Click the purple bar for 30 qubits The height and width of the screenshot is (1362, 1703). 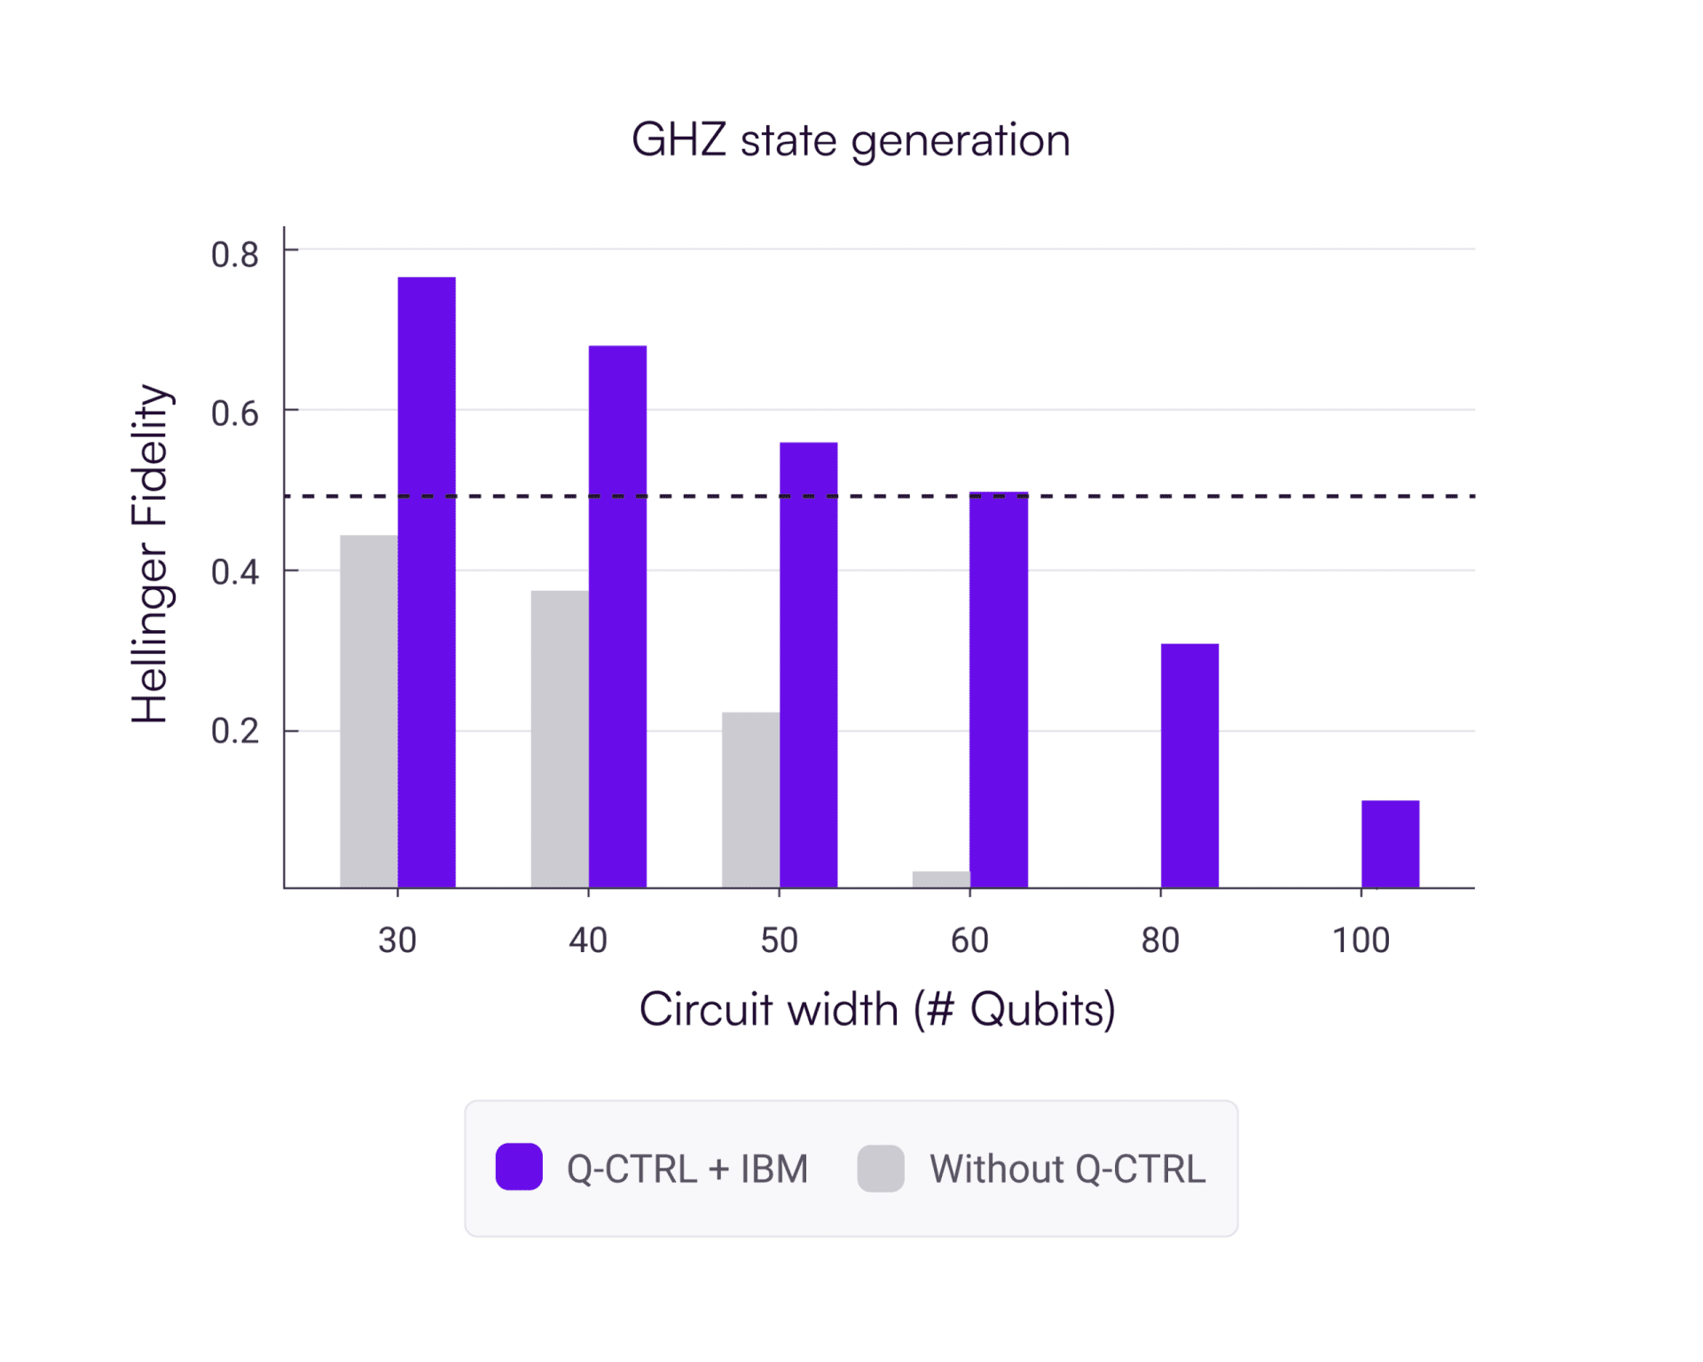[x=427, y=582]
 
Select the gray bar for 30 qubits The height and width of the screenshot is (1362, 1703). [x=369, y=711]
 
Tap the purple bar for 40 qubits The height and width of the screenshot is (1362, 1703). [x=617, y=617]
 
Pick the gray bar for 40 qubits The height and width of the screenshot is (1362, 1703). [x=560, y=738]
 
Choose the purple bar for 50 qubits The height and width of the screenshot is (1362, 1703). [x=808, y=665]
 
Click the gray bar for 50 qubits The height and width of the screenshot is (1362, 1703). [x=750, y=799]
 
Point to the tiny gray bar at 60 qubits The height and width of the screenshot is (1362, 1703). [x=941, y=879]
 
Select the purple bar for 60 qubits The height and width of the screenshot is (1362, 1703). [x=999, y=689]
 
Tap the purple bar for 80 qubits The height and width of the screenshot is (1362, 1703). [x=1189, y=765]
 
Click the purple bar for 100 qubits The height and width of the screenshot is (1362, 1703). [x=1390, y=844]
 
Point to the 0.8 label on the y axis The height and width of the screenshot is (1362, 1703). [x=235, y=256]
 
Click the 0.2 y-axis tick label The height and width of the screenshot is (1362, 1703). [x=235, y=731]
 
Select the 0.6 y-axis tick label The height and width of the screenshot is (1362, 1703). [x=235, y=413]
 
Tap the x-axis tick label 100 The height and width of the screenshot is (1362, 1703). [x=1361, y=941]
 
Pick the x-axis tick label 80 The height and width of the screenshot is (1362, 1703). [x=1160, y=941]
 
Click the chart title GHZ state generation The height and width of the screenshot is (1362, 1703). [x=851, y=141]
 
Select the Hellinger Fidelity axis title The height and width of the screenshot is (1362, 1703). [x=150, y=554]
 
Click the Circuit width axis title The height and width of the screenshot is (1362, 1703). [x=876, y=1010]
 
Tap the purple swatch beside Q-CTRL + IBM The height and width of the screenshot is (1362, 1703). [x=519, y=1167]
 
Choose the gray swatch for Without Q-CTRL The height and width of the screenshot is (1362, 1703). [x=881, y=1168]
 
